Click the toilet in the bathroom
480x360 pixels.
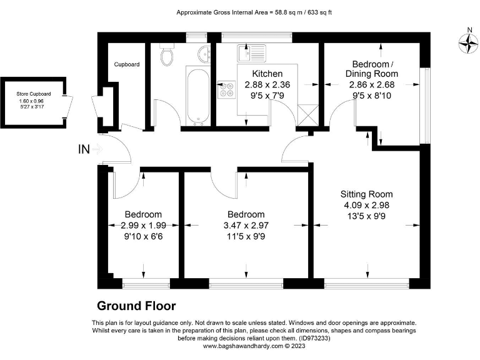click(167, 54)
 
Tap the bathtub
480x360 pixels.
click(197, 96)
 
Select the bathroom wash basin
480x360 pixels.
click(204, 54)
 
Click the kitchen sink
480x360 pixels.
click(252, 53)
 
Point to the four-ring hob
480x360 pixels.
click(226, 89)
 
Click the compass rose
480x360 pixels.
click(468, 43)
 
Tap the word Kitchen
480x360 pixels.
click(267, 74)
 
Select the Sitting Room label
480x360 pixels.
click(366, 194)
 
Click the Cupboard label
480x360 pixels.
click(127, 64)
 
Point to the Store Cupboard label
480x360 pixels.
click(34, 94)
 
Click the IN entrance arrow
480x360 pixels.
click(97, 149)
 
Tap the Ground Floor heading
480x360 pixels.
click(136, 306)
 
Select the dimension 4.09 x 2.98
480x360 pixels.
click(366, 206)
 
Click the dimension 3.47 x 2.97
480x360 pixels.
click(246, 226)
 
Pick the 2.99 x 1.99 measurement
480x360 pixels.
click(143, 226)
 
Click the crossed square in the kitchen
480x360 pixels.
click(308, 116)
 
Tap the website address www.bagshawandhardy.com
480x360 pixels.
click(243, 346)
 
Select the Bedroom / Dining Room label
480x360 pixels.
click(372, 69)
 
